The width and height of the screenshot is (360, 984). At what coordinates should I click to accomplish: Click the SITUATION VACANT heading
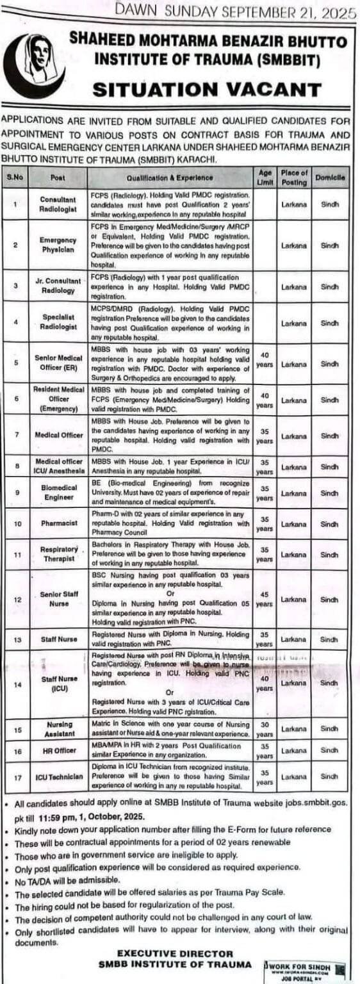[206, 89]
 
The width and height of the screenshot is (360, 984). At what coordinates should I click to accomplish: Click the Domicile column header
[330, 177]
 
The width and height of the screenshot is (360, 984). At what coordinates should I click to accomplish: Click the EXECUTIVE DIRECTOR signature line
[174, 953]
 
